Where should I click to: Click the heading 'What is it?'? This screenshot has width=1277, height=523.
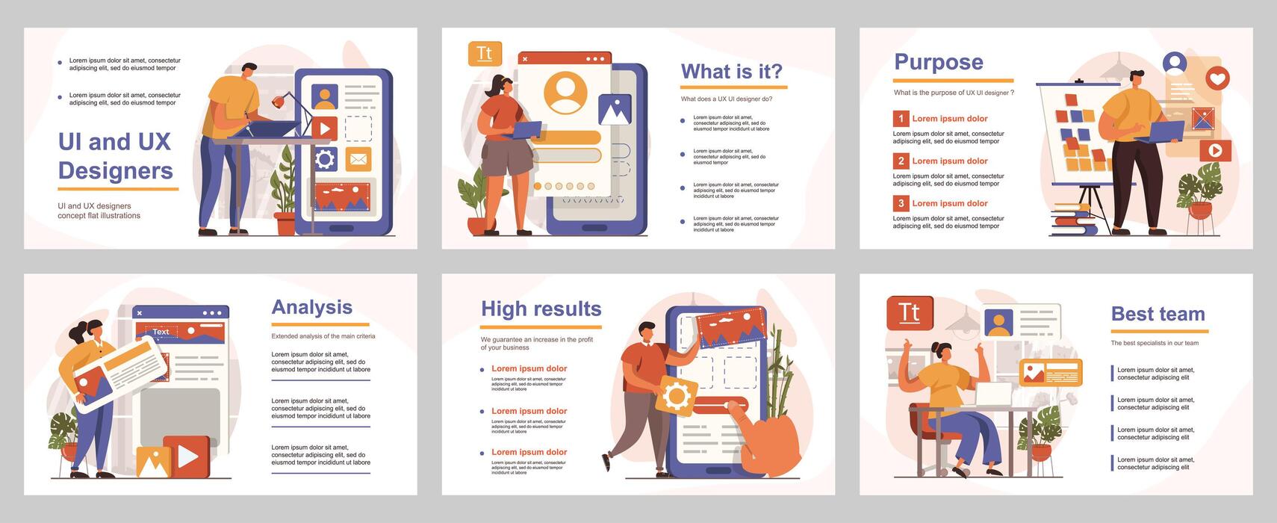[731, 72]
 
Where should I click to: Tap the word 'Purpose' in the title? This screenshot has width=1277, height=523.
[938, 63]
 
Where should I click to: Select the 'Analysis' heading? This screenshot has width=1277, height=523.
[311, 308]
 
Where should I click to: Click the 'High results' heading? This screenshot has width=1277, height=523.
[541, 309]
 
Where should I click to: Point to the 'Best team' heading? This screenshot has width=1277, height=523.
[1158, 315]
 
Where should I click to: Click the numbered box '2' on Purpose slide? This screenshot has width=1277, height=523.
[901, 161]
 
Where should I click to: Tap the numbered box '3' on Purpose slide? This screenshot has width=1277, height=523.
[901, 203]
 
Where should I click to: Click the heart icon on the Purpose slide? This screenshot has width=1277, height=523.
[1217, 78]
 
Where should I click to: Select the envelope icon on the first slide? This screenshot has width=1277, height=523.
[358, 159]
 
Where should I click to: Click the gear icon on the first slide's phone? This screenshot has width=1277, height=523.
[325, 159]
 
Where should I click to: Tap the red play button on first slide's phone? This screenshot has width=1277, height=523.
[324, 128]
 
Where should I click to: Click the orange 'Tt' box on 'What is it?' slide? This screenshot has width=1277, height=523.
[485, 54]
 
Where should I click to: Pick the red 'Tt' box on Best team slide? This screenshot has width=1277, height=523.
[909, 312]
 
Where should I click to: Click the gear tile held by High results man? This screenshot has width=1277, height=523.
[677, 396]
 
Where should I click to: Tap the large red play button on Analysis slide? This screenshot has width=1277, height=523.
[187, 456]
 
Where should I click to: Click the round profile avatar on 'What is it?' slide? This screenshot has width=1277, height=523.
[565, 92]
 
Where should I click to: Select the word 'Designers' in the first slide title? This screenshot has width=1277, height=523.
[116, 170]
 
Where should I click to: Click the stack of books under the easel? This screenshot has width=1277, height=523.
[1071, 218]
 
